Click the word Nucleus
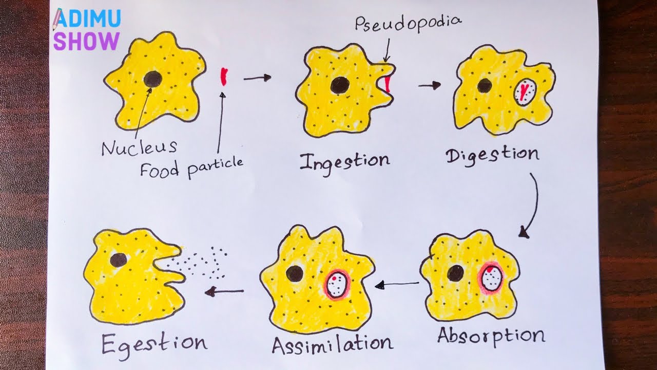[139, 148]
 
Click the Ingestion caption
[344, 161]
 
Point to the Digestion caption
[492, 155]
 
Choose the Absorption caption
[491, 335]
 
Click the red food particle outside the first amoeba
[224, 76]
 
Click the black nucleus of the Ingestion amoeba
[339, 85]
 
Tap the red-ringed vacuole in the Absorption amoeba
[492, 277]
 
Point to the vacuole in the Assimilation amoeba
[337, 284]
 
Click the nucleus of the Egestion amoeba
[119, 260]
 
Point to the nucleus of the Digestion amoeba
[485, 85]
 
